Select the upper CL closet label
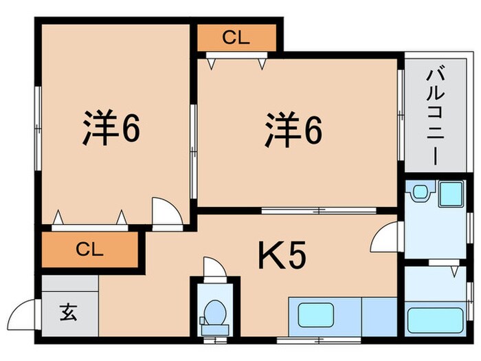tap(235, 39)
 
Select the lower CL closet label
tap(90, 248)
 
